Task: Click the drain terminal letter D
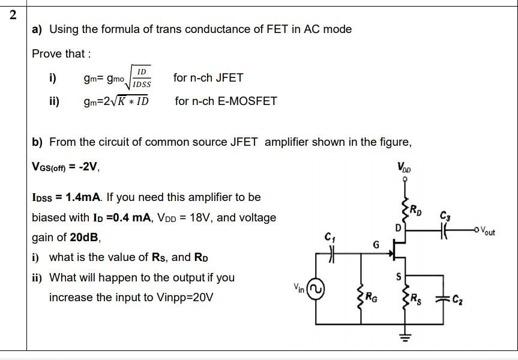[x=397, y=228]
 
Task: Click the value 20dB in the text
[x=86, y=237]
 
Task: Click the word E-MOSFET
[x=248, y=101]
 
